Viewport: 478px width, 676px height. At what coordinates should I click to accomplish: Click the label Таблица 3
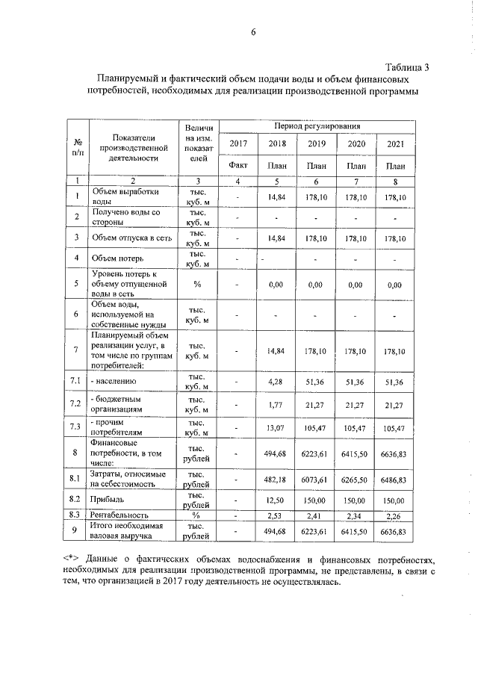[x=408, y=67]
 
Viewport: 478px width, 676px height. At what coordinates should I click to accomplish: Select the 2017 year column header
[x=238, y=144]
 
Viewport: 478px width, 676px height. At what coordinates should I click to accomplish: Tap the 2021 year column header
[x=395, y=144]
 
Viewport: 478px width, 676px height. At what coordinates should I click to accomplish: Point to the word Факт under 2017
[x=238, y=165]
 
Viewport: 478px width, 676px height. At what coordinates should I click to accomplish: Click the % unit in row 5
[x=197, y=284]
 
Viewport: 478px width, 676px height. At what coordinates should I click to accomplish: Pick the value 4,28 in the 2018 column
[x=277, y=382]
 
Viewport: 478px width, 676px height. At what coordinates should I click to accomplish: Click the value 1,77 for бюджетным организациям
[x=277, y=405]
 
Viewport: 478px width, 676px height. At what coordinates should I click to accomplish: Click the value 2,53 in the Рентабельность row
[x=277, y=515]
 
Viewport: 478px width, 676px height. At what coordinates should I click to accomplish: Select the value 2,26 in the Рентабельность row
[x=395, y=515]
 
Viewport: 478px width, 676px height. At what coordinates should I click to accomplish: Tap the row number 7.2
[x=76, y=405]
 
